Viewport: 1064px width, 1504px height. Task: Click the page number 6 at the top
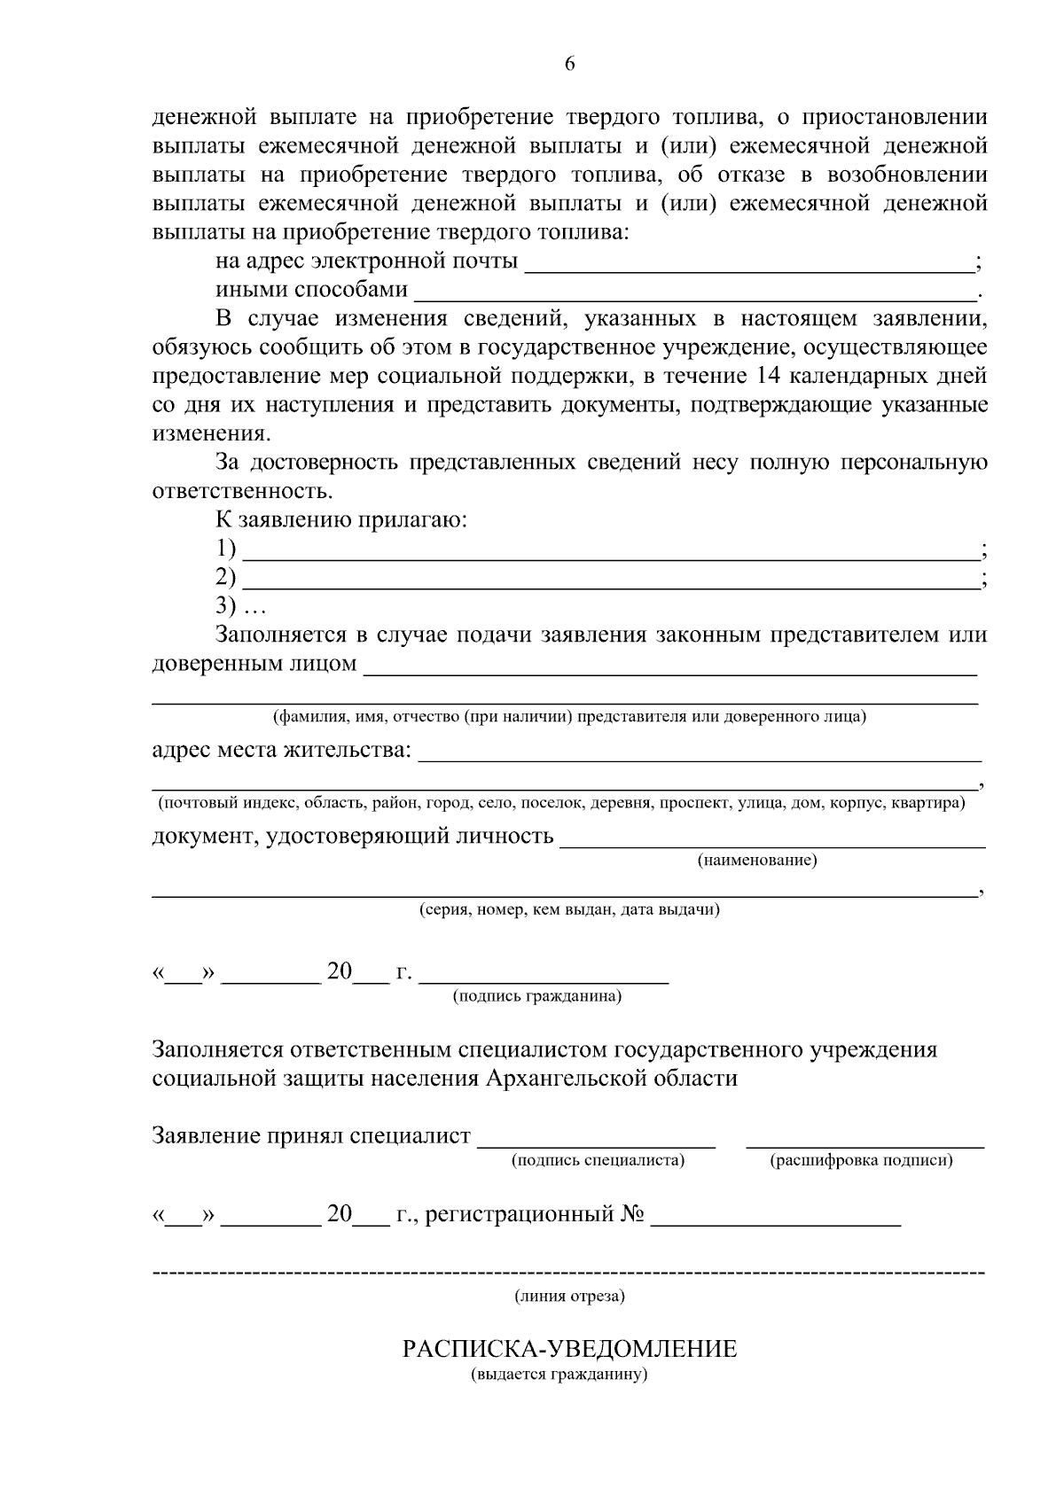point(569,63)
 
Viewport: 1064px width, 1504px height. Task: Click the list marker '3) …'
point(239,607)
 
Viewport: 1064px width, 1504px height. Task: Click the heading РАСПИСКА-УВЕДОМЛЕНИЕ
point(569,1350)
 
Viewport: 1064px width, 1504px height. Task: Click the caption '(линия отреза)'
point(570,1297)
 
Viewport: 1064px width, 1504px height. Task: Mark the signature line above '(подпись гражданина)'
point(544,982)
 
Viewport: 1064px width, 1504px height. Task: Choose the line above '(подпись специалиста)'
point(597,1146)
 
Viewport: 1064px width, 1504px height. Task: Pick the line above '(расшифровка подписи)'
point(864,1146)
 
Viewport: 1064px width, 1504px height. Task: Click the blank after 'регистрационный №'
point(776,1224)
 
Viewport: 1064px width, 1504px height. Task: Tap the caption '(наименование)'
point(757,861)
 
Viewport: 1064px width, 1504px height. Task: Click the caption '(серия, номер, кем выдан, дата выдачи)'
point(569,910)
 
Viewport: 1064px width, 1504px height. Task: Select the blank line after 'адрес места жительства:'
point(700,760)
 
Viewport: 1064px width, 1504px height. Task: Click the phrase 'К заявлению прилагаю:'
point(341,520)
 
